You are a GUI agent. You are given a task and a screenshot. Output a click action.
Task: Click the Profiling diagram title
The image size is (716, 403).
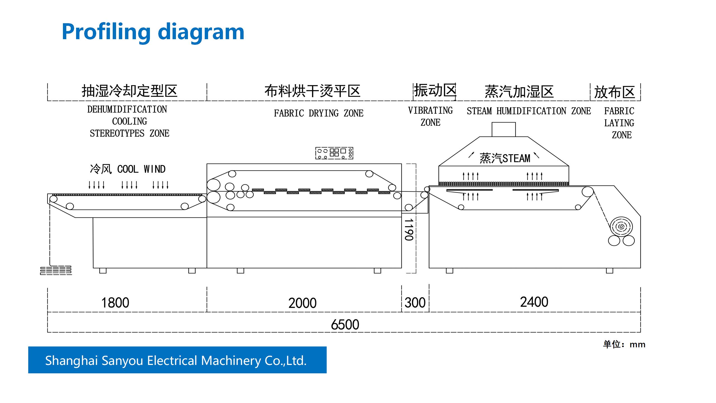point(153,32)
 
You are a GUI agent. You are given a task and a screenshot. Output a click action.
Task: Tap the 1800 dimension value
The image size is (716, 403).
point(115,303)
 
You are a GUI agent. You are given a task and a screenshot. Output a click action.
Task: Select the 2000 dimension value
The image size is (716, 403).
point(302,303)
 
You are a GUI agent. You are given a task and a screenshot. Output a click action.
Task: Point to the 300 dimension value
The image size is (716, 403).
point(415,303)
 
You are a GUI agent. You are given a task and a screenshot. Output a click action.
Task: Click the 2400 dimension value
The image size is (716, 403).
point(534,302)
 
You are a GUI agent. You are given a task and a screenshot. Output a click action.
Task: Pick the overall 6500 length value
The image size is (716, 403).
point(345,325)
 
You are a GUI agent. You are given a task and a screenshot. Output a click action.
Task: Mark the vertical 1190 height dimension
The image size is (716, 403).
point(409,230)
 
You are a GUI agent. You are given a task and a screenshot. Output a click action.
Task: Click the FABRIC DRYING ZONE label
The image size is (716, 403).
point(319,113)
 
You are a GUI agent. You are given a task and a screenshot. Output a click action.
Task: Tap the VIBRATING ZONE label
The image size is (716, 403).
point(430,116)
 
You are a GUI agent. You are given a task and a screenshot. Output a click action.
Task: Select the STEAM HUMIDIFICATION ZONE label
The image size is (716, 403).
point(529,111)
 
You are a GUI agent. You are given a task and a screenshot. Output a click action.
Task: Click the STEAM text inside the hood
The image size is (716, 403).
point(516,158)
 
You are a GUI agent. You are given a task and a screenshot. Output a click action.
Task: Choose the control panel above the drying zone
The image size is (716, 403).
point(334,153)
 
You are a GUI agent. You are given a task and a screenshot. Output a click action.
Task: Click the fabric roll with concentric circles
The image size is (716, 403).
point(621,227)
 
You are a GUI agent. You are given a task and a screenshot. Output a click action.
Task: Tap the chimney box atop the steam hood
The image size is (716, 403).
point(503,129)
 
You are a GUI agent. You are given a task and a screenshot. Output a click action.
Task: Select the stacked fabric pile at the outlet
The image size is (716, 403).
point(56,270)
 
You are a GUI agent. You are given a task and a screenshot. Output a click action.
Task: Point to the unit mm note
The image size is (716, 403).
point(624,345)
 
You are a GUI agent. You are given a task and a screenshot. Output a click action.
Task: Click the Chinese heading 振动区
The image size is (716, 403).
point(435,91)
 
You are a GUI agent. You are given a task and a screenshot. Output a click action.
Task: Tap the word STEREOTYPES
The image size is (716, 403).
point(117,133)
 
